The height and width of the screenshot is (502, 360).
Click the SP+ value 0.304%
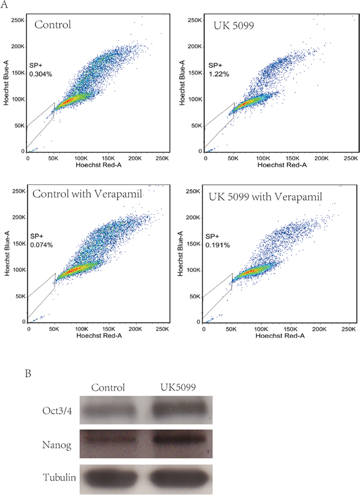click(x=41, y=74)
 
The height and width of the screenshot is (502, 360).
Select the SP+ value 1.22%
click(x=219, y=74)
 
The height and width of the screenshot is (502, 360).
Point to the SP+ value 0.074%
click(x=41, y=245)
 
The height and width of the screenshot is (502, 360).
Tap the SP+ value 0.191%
click(x=218, y=245)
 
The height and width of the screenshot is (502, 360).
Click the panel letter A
click(x=4, y=4)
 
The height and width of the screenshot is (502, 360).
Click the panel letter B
click(x=28, y=373)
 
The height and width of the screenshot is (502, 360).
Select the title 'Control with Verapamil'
click(x=88, y=194)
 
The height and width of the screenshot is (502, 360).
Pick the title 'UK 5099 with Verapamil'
click(x=265, y=196)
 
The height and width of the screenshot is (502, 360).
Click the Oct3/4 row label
click(x=57, y=411)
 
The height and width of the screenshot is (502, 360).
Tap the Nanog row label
click(x=56, y=445)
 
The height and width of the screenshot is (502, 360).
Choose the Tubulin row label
click(x=59, y=477)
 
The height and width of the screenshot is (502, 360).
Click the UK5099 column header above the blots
click(x=178, y=387)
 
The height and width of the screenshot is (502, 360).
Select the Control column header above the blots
click(x=108, y=387)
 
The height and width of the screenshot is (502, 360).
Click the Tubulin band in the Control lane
click(x=110, y=479)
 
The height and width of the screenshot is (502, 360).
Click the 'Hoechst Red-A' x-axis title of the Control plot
click(x=98, y=165)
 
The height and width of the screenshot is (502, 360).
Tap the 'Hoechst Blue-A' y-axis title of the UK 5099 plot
click(x=182, y=82)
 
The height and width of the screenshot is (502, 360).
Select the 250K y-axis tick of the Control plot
click(x=18, y=20)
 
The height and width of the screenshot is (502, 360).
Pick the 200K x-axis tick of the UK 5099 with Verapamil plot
click(x=320, y=329)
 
